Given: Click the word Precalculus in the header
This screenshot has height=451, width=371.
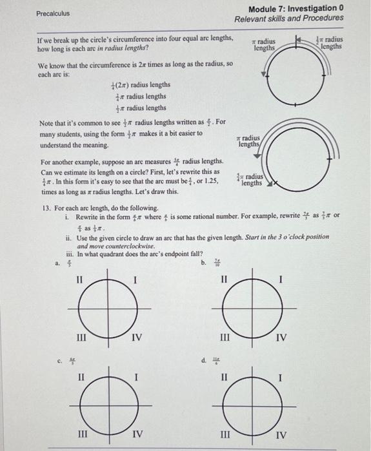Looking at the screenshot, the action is click(54, 13).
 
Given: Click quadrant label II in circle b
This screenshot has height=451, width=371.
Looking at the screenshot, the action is click(225, 280).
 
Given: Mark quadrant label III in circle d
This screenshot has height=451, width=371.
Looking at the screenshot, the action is click(225, 434).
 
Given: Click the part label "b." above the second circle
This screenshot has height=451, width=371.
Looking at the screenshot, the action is click(204, 263).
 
